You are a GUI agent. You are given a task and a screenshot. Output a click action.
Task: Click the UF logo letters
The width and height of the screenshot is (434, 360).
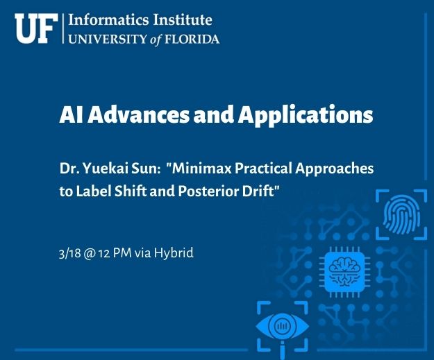click(36, 28)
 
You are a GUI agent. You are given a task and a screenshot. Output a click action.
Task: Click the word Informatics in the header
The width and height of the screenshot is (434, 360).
click(108, 20)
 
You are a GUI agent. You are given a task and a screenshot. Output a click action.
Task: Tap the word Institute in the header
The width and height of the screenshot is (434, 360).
click(183, 20)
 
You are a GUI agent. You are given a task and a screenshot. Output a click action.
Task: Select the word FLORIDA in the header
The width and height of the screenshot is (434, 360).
click(192, 40)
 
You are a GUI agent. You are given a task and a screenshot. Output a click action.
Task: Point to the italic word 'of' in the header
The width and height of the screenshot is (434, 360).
click(156, 40)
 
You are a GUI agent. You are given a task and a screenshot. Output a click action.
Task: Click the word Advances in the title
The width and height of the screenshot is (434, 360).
click(138, 114)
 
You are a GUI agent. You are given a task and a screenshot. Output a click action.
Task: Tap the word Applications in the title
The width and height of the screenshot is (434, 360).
click(306, 114)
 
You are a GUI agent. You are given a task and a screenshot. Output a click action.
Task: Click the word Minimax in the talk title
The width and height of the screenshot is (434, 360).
click(202, 168)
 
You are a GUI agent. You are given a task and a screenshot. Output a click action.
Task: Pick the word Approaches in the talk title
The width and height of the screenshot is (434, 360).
click(335, 169)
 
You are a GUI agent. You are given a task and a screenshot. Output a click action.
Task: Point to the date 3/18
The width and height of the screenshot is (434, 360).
click(69, 253)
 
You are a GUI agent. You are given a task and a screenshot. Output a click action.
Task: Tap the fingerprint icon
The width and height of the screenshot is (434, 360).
click(401, 214)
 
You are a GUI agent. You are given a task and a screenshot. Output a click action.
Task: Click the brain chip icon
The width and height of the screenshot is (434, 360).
click(344, 272)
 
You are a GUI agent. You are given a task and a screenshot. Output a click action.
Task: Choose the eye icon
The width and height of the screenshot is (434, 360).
click(283, 327)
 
